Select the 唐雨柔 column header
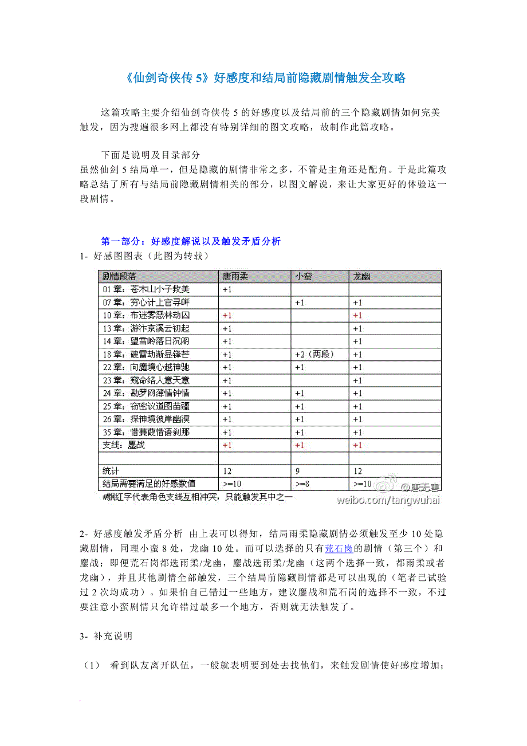coord(235,276)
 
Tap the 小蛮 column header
coord(304,276)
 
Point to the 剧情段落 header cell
coord(119,276)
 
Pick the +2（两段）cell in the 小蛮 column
coord(313,354)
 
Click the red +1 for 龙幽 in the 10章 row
coord(357,316)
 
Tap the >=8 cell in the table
coord(302,484)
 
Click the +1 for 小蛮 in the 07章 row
coord(300,303)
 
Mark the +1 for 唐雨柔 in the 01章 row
coord(227,289)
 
